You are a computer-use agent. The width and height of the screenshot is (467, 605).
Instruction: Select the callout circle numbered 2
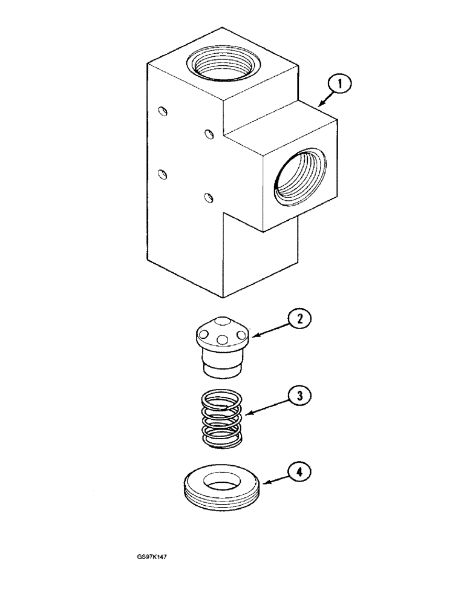click(299, 319)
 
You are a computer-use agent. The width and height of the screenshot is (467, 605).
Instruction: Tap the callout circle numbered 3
click(299, 396)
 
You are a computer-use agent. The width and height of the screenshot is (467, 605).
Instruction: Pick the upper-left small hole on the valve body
click(162, 110)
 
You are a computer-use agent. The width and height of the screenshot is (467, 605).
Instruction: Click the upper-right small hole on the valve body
click(209, 133)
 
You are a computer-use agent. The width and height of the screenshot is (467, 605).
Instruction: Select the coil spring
click(221, 417)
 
